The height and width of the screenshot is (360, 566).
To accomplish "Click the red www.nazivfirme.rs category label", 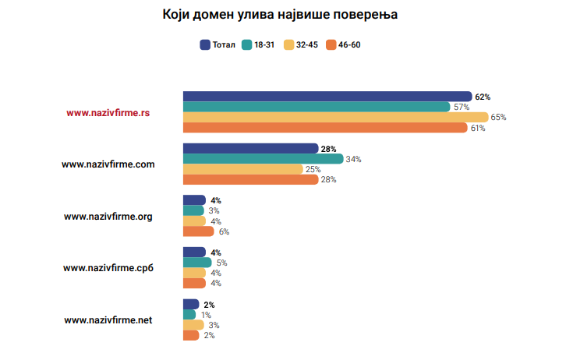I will click(108, 112).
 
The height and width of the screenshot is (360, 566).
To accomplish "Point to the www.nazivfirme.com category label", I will click(108, 164).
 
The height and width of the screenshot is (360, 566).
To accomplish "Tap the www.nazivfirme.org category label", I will click(108, 216).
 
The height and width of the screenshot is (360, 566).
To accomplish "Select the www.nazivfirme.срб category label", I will click(108, 268).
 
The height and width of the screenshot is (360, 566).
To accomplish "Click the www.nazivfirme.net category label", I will click(108, 319).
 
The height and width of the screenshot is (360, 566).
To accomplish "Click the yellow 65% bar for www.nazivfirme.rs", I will click(335, 117).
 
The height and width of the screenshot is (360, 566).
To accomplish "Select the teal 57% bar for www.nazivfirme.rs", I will click(316, 107).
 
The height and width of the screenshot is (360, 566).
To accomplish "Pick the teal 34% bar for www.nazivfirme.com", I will click(263, 159).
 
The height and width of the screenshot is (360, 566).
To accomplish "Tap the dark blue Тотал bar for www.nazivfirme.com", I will click(250, 148).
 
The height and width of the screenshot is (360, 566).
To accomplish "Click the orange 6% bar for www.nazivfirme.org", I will click(198, 231).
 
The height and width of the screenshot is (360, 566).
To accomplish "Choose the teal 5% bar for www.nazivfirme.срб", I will click(196, 263).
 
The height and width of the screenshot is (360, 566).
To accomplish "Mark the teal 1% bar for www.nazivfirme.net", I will click(189, 314).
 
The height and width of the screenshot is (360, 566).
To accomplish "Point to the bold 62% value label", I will click(483, 97).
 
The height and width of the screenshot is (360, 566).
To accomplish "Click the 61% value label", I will click(477, 128).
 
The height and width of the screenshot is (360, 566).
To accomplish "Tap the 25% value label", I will click(313, 169).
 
